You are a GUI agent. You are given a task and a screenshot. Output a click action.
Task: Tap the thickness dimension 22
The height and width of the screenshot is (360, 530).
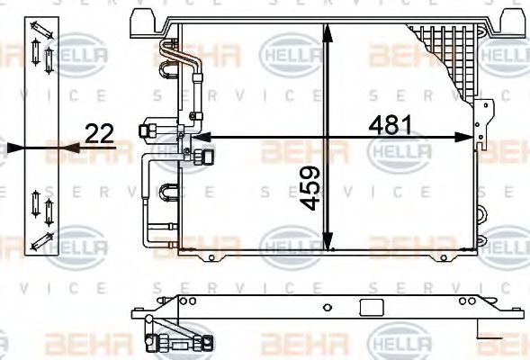99,133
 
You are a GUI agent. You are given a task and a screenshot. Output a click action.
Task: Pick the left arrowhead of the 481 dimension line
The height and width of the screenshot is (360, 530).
193,138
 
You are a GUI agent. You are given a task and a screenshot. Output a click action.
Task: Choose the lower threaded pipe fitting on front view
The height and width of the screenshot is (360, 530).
195,157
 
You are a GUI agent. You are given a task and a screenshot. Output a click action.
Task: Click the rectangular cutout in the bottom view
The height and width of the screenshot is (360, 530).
369,308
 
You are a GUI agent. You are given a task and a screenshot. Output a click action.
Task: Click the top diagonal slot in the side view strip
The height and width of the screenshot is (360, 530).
43,29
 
